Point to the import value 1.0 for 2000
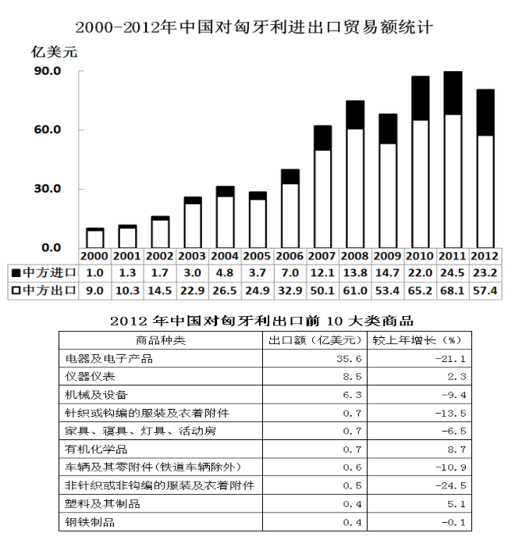click(x=94, y=272)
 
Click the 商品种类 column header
click(x=161, y=340)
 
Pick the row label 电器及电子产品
click(x=110, y=358)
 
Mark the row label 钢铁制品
click(x=91, y=522)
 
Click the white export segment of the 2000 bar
click(x=94, y=239)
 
